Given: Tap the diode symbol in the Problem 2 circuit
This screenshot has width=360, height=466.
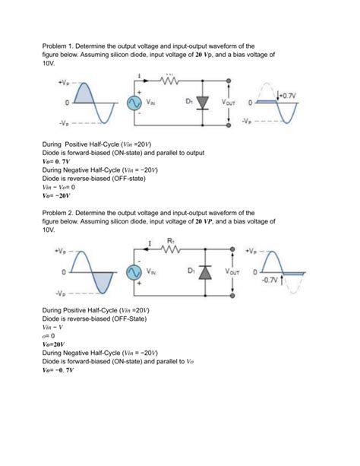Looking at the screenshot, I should click(x=204, y=272).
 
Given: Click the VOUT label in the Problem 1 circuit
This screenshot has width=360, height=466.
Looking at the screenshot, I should click(x=229, y=100).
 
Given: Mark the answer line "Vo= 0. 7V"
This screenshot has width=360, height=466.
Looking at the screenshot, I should click(x=57, y=162).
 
